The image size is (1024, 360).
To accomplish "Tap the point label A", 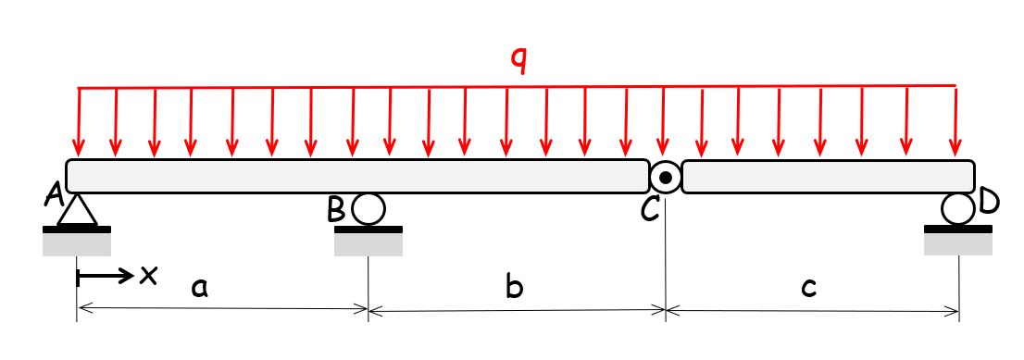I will pyautogui.click(x=54, y=194).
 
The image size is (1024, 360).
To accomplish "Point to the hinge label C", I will pyautogui.click(x=650, y=210).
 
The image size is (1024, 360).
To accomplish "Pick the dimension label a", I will pyautogui.click(x=198, y=288).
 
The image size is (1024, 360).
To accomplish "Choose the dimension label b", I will pyautogui.click(x=515, y=288).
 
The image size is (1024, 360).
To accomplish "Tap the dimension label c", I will pyautogui.click(x=808, y=288).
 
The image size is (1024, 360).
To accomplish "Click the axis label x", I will pyautogui.click(x=147, y=274).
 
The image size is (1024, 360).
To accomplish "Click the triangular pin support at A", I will pyautogui.click(x=77, y=211).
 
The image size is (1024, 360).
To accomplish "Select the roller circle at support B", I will pyautogui.click(x=368, y=210).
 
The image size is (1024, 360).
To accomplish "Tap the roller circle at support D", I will pyautogui.click(x=958, y=209).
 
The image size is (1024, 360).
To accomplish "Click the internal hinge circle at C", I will pyautogui.click(x=665, y=176).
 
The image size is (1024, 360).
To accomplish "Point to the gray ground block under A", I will pyautogui.click(x=77, y=243).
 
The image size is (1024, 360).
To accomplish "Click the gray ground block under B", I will pyautogui.click(x=368, y=243).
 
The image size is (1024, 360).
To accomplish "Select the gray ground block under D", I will pyautogui.click(x=958, y=243).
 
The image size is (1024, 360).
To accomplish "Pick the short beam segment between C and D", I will pyautogui.click(x=829, y=176).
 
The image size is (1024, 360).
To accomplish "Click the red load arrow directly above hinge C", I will pyautogui.click(x=663, y=120).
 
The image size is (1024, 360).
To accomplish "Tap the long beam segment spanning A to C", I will pyautogui.click(x=356, y=176).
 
